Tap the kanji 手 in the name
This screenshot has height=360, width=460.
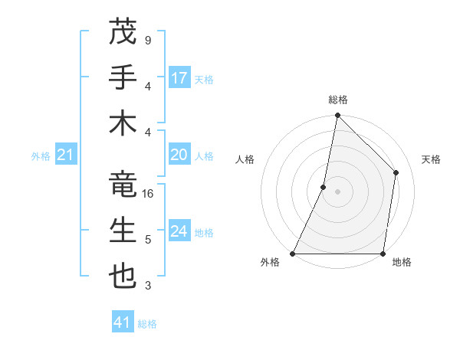click(123, 78)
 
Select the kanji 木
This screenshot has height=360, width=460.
click(123, 123)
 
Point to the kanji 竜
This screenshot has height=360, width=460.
click(123, 185)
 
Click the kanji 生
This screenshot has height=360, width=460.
click(123, 231)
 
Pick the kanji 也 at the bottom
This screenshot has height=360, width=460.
click(123, 277)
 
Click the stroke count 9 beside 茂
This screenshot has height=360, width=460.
click(147, 40)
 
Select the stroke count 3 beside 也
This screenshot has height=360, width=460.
click(147, 286)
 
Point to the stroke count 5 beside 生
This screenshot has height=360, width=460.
click(147, 240)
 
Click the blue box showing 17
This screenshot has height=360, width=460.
click(179, 78)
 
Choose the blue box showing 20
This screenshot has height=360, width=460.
click(179, 155)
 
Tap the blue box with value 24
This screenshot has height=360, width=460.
click(179, 232)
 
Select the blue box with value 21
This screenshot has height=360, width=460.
click(66, 155)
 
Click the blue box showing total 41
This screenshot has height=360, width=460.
click(123, 322)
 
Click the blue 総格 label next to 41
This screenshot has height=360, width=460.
click(147, 324)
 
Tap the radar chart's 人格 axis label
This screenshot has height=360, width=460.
click(245, 159)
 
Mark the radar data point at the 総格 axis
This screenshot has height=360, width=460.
click(337, 116)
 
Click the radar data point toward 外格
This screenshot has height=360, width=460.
click(293, 254)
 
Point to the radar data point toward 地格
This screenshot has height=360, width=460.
click(383, 254)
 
